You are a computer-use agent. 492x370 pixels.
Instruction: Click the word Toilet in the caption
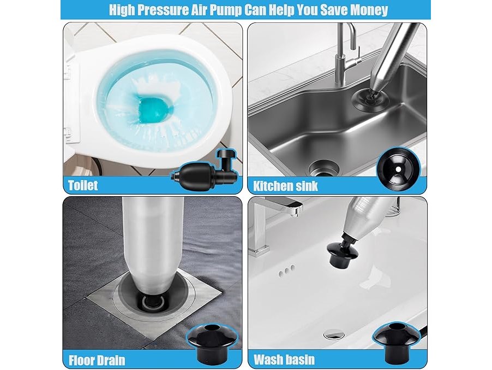83,185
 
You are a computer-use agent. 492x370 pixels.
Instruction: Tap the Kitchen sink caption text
285,186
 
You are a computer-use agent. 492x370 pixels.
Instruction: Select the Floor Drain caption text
97,360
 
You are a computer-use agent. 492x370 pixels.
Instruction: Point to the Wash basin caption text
284,359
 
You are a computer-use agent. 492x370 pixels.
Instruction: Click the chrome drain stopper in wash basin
333,334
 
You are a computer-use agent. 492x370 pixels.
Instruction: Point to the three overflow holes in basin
287,271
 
